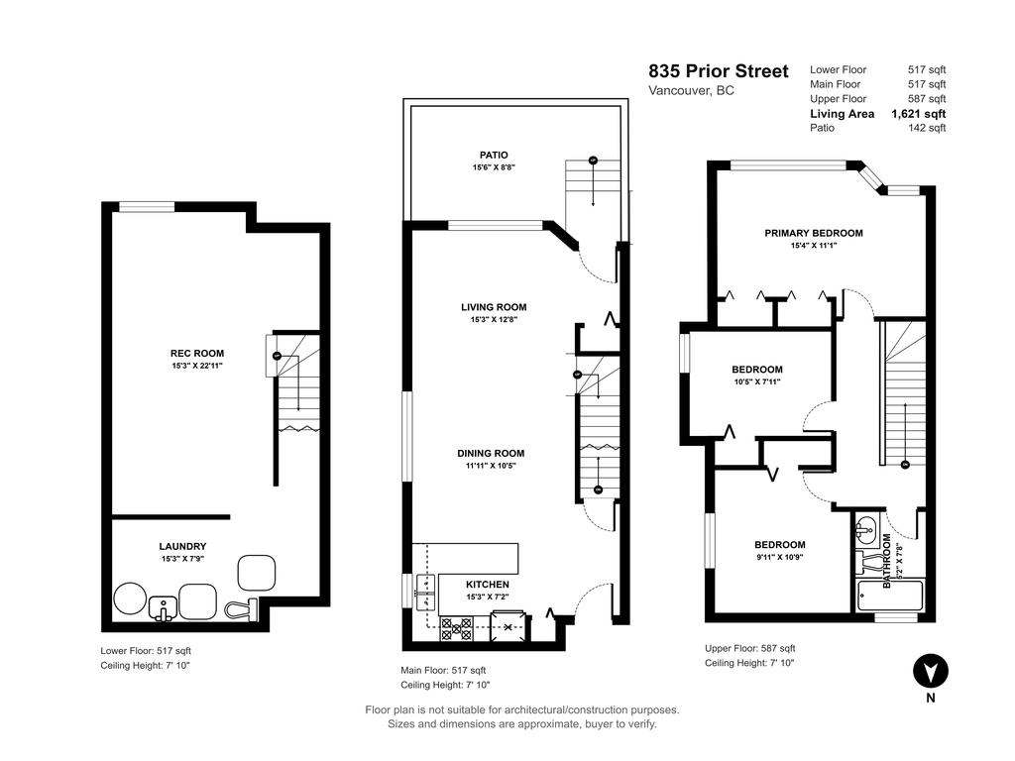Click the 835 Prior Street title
719,71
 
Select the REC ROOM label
196,353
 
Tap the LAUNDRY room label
182,546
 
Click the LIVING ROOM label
493,307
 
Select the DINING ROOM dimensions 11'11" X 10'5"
493,466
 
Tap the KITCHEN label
488,585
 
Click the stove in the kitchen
456,626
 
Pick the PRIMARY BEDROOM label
813,233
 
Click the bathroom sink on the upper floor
865,526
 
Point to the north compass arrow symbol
930,671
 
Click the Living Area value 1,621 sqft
918,114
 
